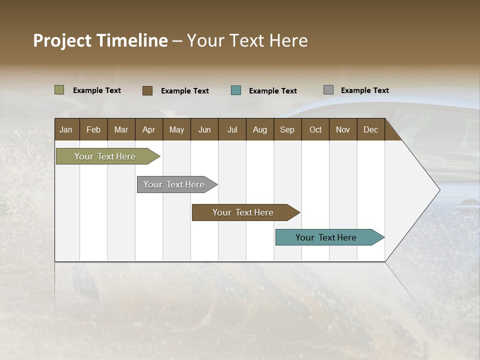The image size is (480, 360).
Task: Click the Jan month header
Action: coord(66,129)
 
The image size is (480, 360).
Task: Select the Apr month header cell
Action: coord(149,129)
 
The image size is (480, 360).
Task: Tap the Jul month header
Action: coord(232,129)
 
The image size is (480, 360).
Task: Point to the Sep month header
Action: coord(287,129)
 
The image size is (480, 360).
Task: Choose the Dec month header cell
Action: coord(370,129)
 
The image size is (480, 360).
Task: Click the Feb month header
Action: coord(93,129)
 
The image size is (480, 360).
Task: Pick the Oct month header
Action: coord(315,129)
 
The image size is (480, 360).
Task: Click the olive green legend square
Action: coord(59,90)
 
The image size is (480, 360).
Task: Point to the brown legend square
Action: coord(147,90)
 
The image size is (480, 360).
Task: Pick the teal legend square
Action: coord(236,90)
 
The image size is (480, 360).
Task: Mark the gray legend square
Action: coord(328,90)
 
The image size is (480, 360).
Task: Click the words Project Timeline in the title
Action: coord(100,40)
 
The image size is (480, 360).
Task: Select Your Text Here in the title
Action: coord(247,40)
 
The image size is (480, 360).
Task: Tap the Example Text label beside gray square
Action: coord(364,90)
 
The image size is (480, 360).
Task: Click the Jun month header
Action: coord(204,129)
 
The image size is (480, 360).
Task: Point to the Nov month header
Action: coord(343,129)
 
